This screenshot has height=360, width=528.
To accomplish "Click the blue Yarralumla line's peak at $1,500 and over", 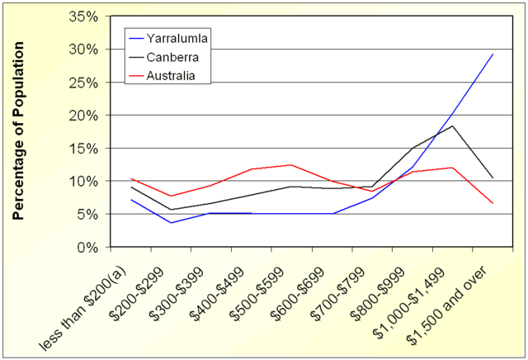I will (x=493, y=54).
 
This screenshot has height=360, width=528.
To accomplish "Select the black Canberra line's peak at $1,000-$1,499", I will (x=452, y=126).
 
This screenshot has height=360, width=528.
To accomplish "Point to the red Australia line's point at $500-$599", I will (x=291, y=165).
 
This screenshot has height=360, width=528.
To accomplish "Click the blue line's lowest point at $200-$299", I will (x=171, y=223).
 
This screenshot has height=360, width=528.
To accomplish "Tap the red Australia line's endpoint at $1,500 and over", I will (x=493, y=203).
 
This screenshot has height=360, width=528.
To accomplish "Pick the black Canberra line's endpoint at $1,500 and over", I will (x=493, y=178).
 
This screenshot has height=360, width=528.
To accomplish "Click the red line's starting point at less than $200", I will (x=130, y=178).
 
